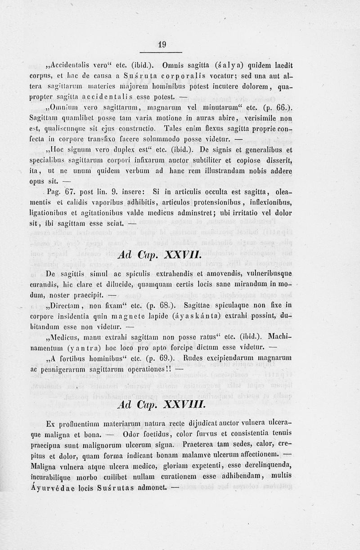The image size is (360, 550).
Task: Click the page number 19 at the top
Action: pyautogui.click(x=162, y=44)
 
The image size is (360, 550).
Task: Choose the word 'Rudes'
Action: pyautogui.click(x=194, y=359)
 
